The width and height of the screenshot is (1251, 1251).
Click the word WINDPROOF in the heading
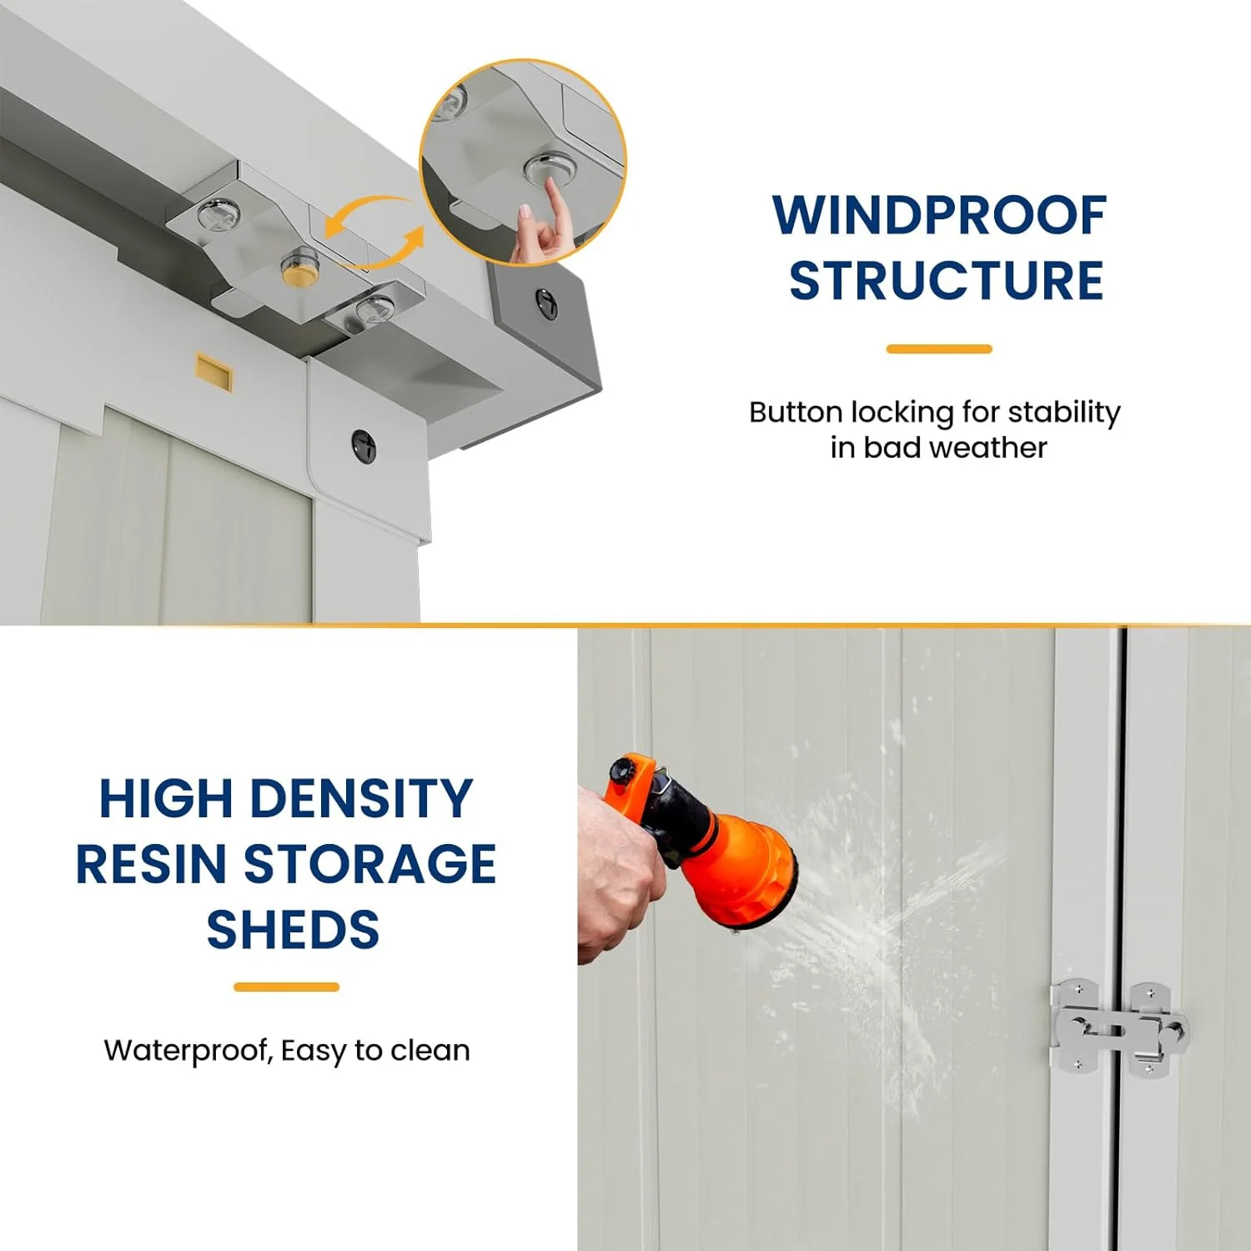pos(939,216)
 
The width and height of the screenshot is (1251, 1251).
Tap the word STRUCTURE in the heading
pos(946,281)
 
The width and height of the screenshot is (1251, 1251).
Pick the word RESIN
pos(151,864)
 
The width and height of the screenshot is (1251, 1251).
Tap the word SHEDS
pos(293,929)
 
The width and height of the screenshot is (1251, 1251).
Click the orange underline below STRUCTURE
pos(939,349)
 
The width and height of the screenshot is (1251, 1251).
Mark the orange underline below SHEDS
pos(286,987)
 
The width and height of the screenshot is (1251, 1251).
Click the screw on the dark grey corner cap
pos(546,302)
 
